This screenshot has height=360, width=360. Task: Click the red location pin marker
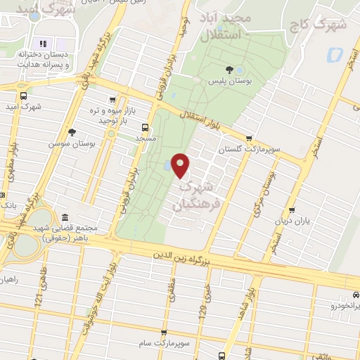(x=181, y=165)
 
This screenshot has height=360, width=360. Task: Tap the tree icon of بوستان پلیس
(x=230, y=68)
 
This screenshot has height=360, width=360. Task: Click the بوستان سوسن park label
(x=72, y=143)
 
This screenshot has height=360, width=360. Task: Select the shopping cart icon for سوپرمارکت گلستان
(x=247, y=138)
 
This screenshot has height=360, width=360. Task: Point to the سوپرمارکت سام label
(x=163, y=342)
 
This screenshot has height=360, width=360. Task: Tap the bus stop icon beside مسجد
(x=145, y=128)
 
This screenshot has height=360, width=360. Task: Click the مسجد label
(x=146, y=139)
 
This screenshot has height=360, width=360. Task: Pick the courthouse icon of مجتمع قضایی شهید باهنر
(x=65, y=217)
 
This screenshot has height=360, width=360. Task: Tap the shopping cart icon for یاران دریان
(x=292, y=209)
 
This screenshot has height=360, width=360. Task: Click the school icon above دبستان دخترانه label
(x=41, y=44)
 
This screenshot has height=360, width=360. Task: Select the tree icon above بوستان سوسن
(x=72, y=131)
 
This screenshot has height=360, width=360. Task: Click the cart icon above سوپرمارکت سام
(x=163, y=332)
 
